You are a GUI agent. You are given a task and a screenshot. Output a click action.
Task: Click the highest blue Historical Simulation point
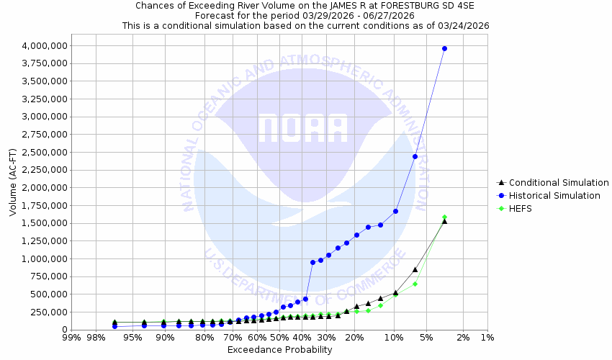tap(444, 48)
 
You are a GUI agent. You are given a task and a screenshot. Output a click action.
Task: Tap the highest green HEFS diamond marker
tap(444, 217)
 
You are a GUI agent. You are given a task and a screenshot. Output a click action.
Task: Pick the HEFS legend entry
tap(523, 209)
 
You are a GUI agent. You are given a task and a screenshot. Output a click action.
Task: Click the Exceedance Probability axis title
tap(279, 350)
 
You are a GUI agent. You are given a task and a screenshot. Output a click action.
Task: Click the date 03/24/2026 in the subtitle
tap(465, 25)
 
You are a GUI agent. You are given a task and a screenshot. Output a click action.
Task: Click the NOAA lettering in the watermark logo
tap(303, 128)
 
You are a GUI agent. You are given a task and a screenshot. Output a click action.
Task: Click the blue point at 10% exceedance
tap(395, 211)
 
